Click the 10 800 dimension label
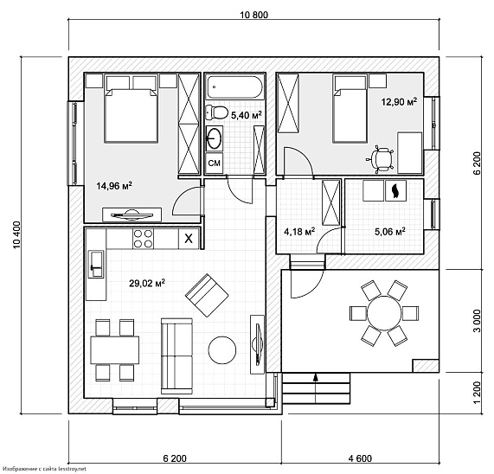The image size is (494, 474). (254, 15)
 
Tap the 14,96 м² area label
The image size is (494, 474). (114, 186)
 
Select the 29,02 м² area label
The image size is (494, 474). (147, 283)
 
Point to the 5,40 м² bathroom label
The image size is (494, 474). (247, 115)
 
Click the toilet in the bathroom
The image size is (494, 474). (217, 112)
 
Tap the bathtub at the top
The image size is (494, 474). (234, 87)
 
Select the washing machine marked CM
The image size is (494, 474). (215, 163)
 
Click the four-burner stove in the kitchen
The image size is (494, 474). (143, 239)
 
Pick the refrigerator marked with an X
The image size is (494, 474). (189, 239)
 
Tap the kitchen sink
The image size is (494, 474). (96, 264)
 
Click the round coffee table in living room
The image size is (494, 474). (222, 350)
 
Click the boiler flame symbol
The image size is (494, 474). (395, 191)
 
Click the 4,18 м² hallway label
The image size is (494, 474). (299, 232)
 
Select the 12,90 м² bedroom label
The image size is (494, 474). (399, 102)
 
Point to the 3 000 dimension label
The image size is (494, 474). (478, 321)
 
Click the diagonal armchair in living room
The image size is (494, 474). (207, 296)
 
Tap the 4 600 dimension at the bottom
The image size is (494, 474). (360, 458)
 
